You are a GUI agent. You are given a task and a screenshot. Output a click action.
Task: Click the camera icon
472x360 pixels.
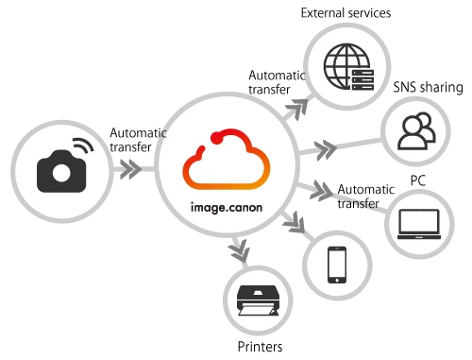pyautogui.click(x=61, y=171)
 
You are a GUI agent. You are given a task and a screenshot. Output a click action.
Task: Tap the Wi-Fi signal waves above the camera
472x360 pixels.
pyautogui.click(x=84, y=146)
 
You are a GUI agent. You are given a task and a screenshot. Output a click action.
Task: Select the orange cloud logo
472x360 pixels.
pyautogui.click(x=227, y=160)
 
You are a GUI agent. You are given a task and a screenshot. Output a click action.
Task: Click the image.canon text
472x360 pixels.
pyautogui.click(x=227, y=208)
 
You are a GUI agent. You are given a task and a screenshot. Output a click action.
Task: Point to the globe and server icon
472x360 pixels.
pyautogui.click(x=348, y=67)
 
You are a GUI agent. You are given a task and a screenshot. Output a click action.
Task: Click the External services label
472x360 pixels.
pyautogui.click(x=346, y=13)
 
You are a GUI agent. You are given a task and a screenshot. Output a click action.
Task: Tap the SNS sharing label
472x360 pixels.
pyautogui.click(x=429, y=87)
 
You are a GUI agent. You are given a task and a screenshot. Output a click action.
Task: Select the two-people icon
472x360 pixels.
pyautogui.click(x=417, y=130)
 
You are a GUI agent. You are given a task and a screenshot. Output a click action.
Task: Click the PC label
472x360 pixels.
pyautogui.click(x=418, y=180)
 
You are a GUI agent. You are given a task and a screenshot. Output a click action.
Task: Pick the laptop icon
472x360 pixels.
pyautogui.click(x=419, y=224)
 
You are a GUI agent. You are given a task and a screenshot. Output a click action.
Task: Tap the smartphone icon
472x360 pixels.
pyautogui.click(x=337, y=265)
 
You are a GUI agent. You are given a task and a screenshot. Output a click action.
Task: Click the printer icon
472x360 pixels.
pyautogui.click(x=258, y=300)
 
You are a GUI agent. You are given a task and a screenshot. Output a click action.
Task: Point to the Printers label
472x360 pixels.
pyautogui.click(x=260, y=347)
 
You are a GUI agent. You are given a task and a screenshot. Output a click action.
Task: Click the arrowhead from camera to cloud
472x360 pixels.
pyautogui.click(x=131, y=169)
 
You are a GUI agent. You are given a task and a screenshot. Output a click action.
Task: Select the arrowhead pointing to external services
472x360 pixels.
pyautogui.click(x=299, y=109)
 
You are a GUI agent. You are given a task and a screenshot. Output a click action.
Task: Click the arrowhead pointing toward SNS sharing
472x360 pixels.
pyautogui.click(x=326, y=150)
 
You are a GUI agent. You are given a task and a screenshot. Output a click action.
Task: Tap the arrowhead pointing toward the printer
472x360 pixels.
pyautogui.click(x=240, y=250)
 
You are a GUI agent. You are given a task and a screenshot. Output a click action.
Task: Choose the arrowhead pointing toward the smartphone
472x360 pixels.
pyautogui.click(x=295, y=222)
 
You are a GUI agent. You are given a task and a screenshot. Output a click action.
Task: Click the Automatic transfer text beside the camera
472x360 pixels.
pyautogui.click(x=138, y=140)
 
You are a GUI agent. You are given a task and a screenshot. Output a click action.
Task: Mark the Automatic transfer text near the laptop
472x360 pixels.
pyautogui.click(x=366, y=197)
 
